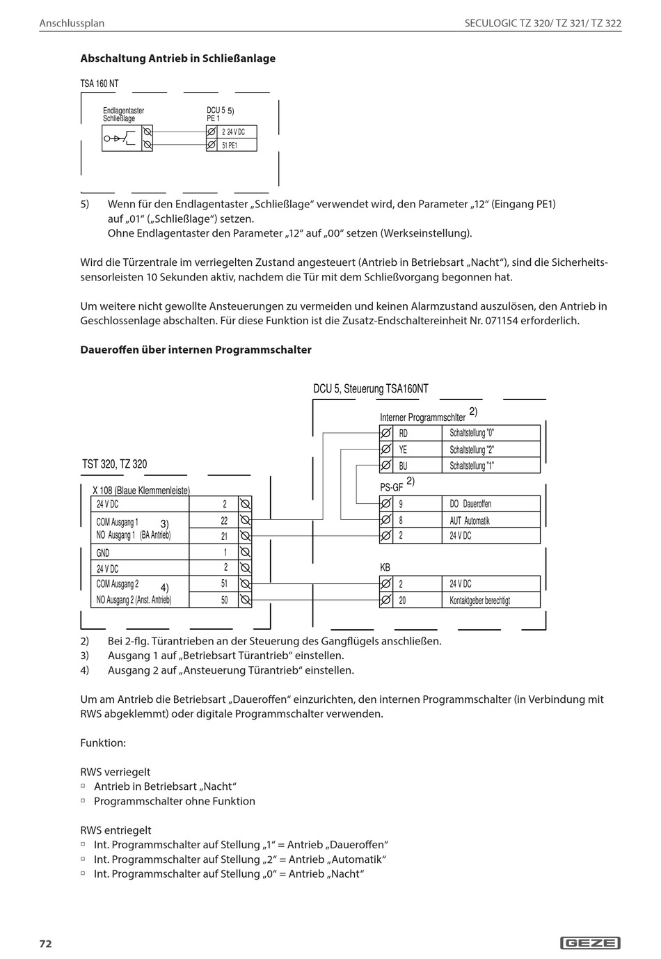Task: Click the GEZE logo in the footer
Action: click(590, 943)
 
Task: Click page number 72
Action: click(45, 944)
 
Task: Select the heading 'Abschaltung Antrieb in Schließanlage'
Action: click(178, 58)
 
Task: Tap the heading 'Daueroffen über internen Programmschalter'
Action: click(196, 349)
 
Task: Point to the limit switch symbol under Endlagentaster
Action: click(119, 138)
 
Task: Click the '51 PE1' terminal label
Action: click(230, 145)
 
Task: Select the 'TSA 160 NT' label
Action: click(99, 84)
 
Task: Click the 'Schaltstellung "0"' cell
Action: click(472, 433)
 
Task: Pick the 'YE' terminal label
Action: click(404, 450)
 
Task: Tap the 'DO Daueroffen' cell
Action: click(470, 504)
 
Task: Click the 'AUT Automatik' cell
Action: click(470, 521)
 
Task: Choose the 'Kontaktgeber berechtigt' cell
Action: click(479, 600)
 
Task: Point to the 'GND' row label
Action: click(103, 553)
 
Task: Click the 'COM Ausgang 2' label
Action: click(118, 584)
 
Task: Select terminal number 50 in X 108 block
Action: click(224, 600)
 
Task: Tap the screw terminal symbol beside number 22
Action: click(245, 521)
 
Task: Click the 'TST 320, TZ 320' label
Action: click(115, 464)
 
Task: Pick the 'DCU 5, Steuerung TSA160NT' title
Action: click(371, 389)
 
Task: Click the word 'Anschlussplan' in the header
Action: click(72, 23)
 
